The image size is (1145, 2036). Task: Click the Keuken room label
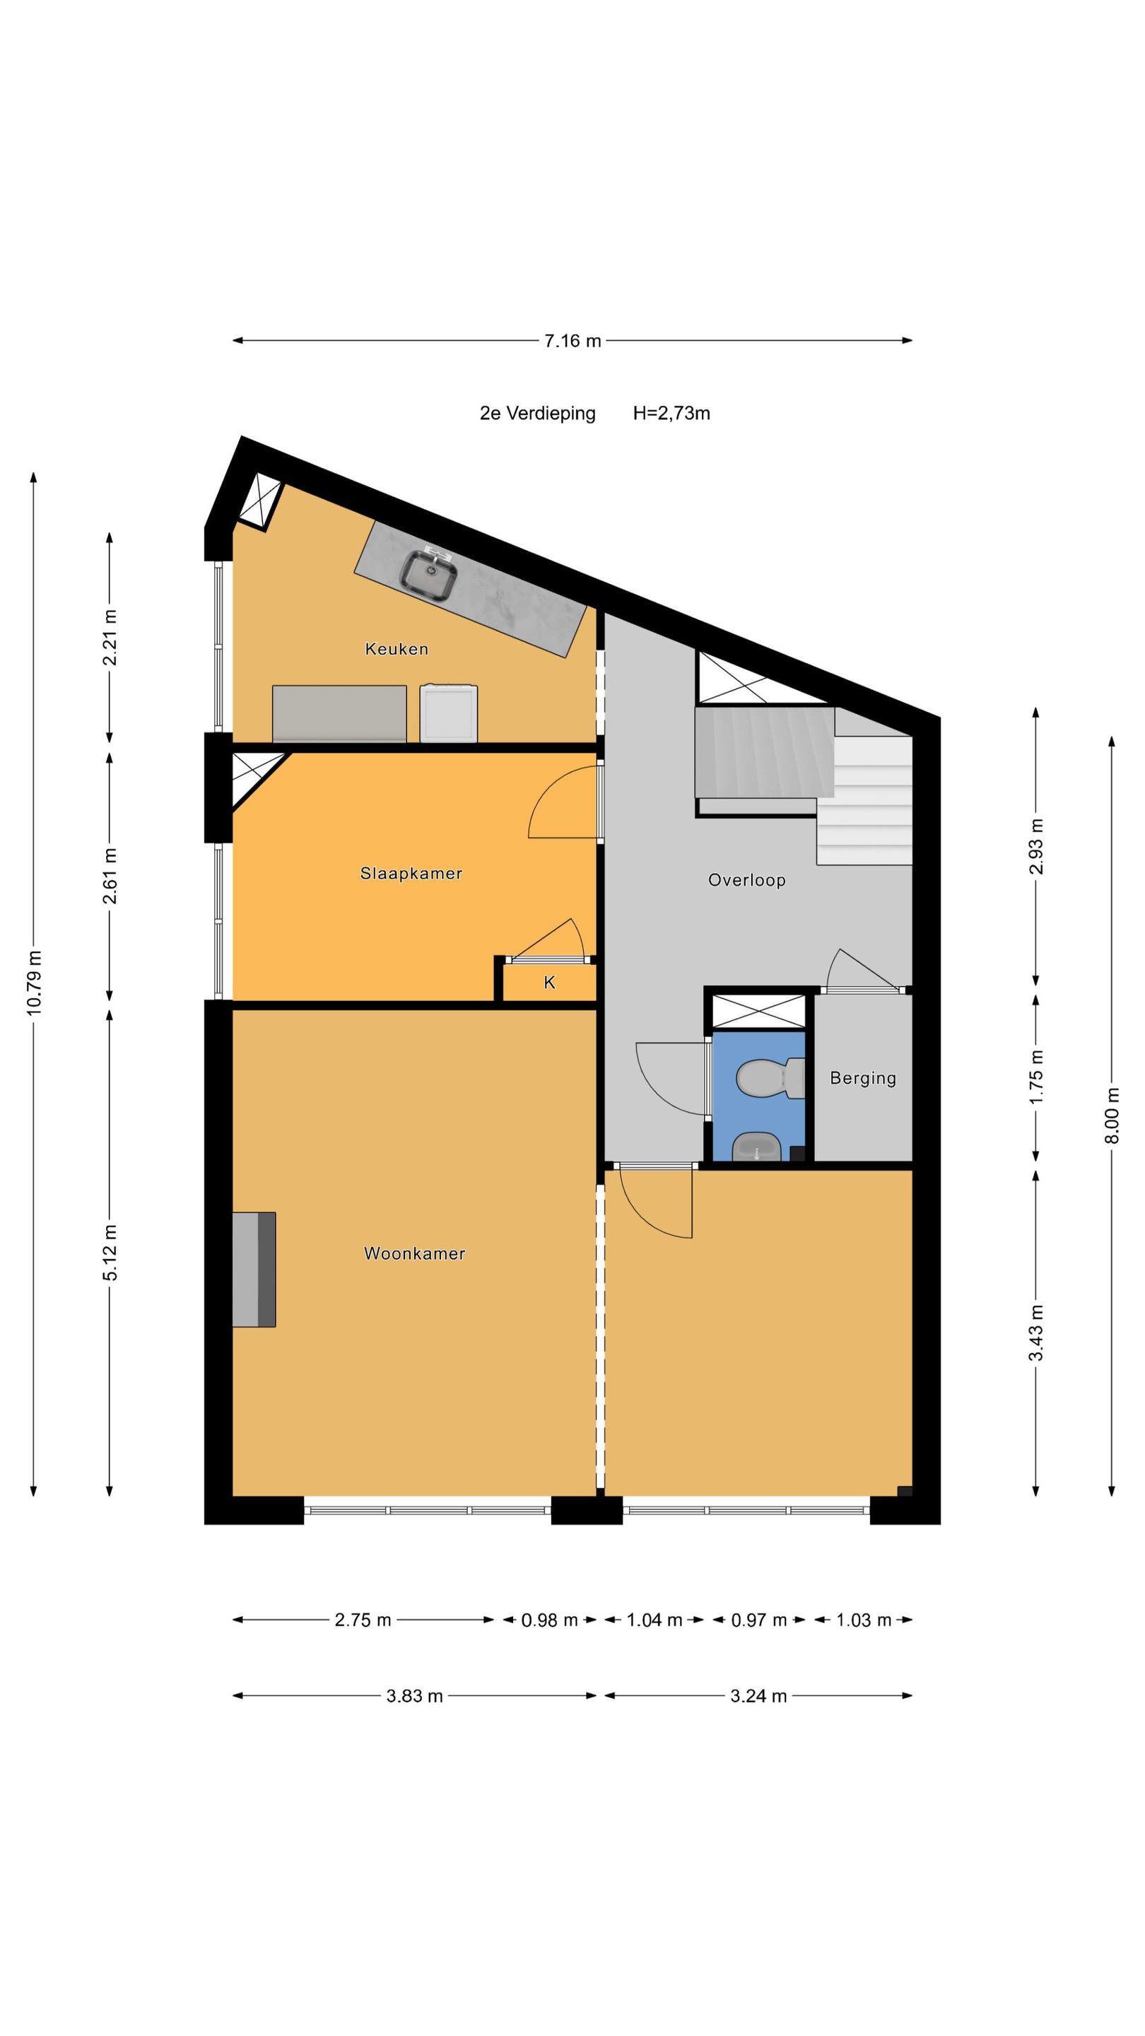pos(397,649)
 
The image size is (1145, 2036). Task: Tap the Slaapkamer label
pos(411,873)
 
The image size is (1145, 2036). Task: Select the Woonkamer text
pos(414,1253)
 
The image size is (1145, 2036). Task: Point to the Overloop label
pos(747,880)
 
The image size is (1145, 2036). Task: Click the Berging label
pos(863,1079)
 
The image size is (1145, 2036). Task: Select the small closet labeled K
pos(549,983)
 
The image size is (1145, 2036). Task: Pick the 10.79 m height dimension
pos(34,983)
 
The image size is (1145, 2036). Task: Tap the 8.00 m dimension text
pos(1112,1116)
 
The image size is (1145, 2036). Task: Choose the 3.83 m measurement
pos(414,1696)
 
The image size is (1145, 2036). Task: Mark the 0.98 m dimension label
pos(549,1620)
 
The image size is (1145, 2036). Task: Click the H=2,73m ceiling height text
pos(671,414)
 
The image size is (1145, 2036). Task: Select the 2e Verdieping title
pos(537,414)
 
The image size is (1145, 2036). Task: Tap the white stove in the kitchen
pos(449,713)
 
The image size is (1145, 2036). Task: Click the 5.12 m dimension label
pos(110,1253)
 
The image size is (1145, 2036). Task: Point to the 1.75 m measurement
pos(1036,1078)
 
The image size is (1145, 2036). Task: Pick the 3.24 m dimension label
pos(758,1696)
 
